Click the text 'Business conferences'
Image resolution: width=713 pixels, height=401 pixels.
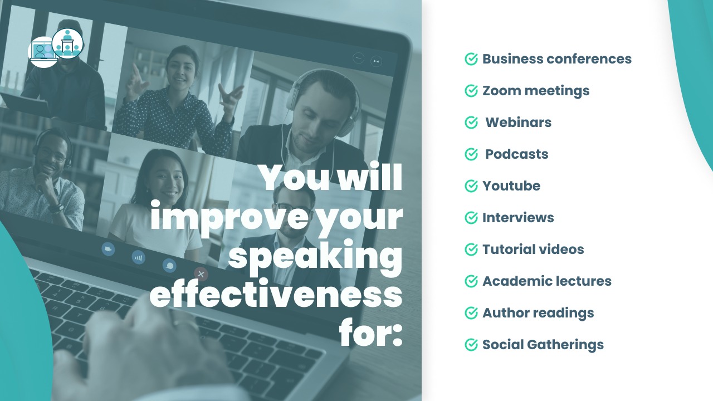click(556, 59)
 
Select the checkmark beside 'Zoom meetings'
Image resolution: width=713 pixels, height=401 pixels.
click(471, 91)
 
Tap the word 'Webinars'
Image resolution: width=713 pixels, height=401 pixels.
click(518, 123)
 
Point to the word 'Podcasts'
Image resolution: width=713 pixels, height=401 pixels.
click(516, 154)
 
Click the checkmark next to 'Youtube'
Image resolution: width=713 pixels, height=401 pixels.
click(471, 186)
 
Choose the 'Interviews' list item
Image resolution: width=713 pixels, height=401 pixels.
click(518, 218)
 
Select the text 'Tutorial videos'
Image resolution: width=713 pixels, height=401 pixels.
click(533, 250)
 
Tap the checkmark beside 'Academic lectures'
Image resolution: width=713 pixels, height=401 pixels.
click(471, 281)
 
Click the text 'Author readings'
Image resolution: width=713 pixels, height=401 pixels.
click(538, 313)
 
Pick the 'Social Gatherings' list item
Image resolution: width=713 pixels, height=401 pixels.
click(543, 345)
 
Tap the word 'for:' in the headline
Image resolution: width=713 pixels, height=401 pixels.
click(371, 331)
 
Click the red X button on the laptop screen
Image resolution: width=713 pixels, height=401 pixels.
click(201, 274)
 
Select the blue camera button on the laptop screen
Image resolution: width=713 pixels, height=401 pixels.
click(108, 249)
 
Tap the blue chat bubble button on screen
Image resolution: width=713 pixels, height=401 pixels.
click(169, 266)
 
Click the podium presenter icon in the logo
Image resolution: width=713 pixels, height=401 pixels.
click(67, 43)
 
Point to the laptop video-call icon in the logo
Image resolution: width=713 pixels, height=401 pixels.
click(43, 52)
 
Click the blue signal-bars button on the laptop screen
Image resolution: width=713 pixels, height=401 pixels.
click(139, 257)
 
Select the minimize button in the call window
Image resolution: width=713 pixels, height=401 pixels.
click(358, 58)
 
